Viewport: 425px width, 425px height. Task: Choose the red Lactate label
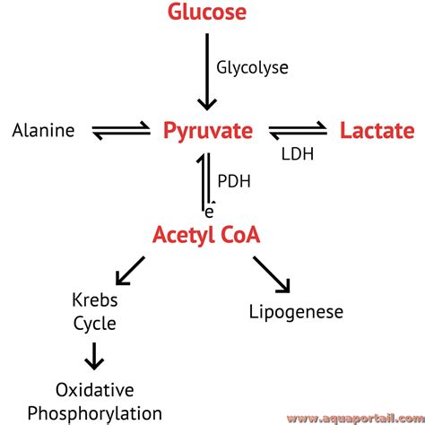click(x=377, y=132)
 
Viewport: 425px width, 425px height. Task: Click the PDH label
click(x=234, y=180)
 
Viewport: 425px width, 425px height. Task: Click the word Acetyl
click(x=182, y=236)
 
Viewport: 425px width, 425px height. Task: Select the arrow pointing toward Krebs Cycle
click(x=131, y=270)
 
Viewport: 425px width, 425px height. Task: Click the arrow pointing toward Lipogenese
click(x=272, y=273)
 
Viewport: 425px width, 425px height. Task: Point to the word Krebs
click(x=94, y=300)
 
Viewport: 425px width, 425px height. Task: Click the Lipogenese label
click(x=295, y=312)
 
